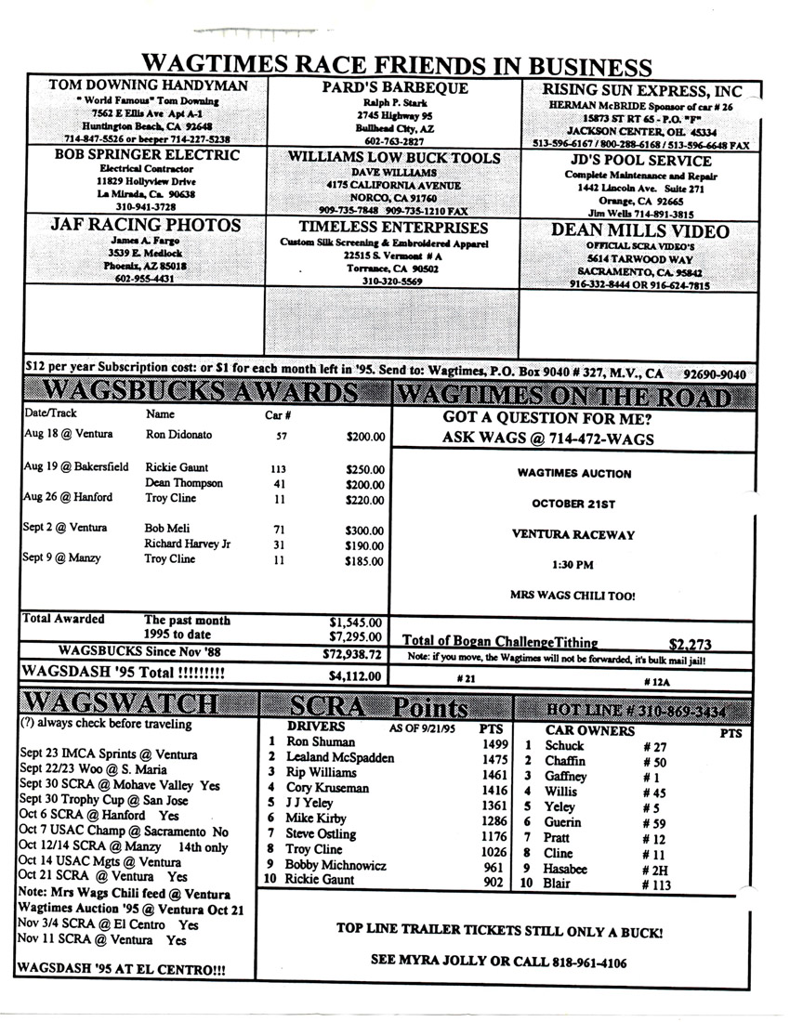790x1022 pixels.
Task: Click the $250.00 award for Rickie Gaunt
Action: tap(364, 468)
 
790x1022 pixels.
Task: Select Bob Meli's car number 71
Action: tap(278, 528)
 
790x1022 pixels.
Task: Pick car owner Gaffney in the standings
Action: tap(566, 776)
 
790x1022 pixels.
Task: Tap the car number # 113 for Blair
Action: tap(658, 884)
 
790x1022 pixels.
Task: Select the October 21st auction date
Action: tap(573, 503)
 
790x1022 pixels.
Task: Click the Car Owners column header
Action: tap(589, 729)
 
